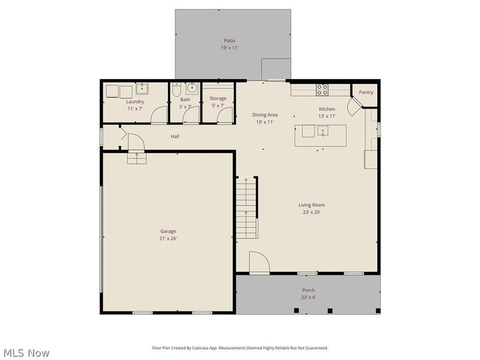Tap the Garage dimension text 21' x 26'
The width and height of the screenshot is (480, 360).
(x=168, y=238)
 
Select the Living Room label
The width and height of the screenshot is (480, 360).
(x=311, y=205)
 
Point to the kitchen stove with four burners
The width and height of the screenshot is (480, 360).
(x=322, y=90)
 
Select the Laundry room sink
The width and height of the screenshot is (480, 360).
(x=142, y=90)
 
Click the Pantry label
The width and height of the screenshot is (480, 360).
(x=366, y=92)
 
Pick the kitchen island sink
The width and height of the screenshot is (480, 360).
(x=323, y=131)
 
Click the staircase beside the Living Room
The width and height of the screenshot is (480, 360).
(x=247, y=207)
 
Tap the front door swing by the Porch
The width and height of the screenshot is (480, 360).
(x=259, y=263)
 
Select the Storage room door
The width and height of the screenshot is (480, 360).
(x=225, y=115)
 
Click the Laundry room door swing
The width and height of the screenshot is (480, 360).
(x=158, y=115)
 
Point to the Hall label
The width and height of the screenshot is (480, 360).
(x=175, y=136)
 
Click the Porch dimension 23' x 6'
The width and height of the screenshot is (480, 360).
(x=308, y=297)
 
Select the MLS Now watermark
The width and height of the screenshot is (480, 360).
(x=26, y=353)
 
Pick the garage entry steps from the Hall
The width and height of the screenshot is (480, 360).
(x=136, y=158)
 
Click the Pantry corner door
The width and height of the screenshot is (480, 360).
(x=356, y=107)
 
